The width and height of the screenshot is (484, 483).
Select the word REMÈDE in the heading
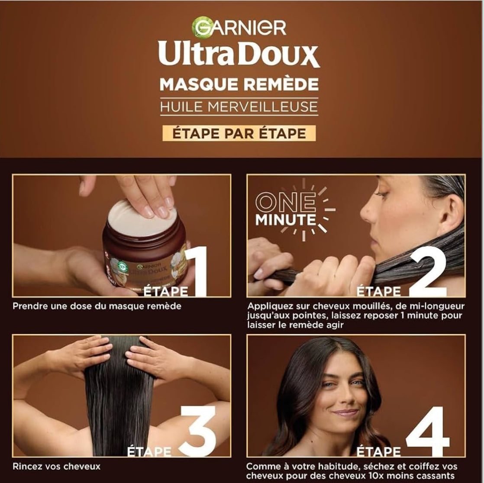(280, 84)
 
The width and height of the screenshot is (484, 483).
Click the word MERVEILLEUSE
(262, 107)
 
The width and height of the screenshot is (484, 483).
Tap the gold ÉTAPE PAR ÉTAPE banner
(239, 133)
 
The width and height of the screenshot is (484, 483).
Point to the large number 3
(198, 431)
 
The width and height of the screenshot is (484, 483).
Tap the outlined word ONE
(286, 202)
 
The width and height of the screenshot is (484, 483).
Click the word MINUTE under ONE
(286, 220)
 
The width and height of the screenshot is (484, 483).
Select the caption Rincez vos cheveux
(56, 466)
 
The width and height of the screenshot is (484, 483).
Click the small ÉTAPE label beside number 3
(149, 451)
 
